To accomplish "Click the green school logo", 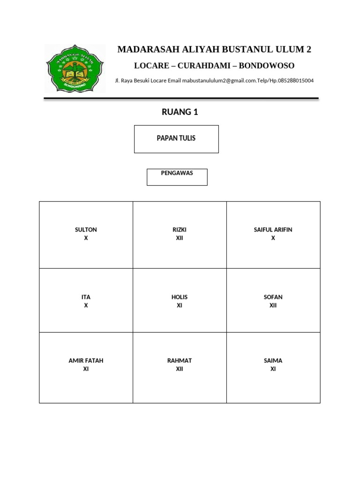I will [x=75, y=68].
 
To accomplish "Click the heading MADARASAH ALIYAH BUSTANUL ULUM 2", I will [x=214, y=49].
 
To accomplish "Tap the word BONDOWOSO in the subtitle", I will [x=267, y=66].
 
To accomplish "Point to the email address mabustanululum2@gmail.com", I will [x=219, y=81].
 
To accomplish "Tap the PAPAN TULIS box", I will [x=176, y=139].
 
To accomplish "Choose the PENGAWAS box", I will [x=177, y=177].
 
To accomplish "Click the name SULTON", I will [x=86, y=230].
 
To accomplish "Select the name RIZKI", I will [x=180, y=230].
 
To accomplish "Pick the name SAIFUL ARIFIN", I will [x=273, y=230].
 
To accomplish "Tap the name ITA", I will [x=86, y=297].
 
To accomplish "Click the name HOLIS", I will [x=180, y=297].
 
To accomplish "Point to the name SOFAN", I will [x=273, y=297].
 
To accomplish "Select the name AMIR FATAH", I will [x=86, y=360].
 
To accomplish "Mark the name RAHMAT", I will [x=180, y=360].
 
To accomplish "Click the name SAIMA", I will [x=273, y=360].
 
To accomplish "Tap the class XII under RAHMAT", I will [x=180, y=369].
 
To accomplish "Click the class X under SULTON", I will [x=86, y=238].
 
